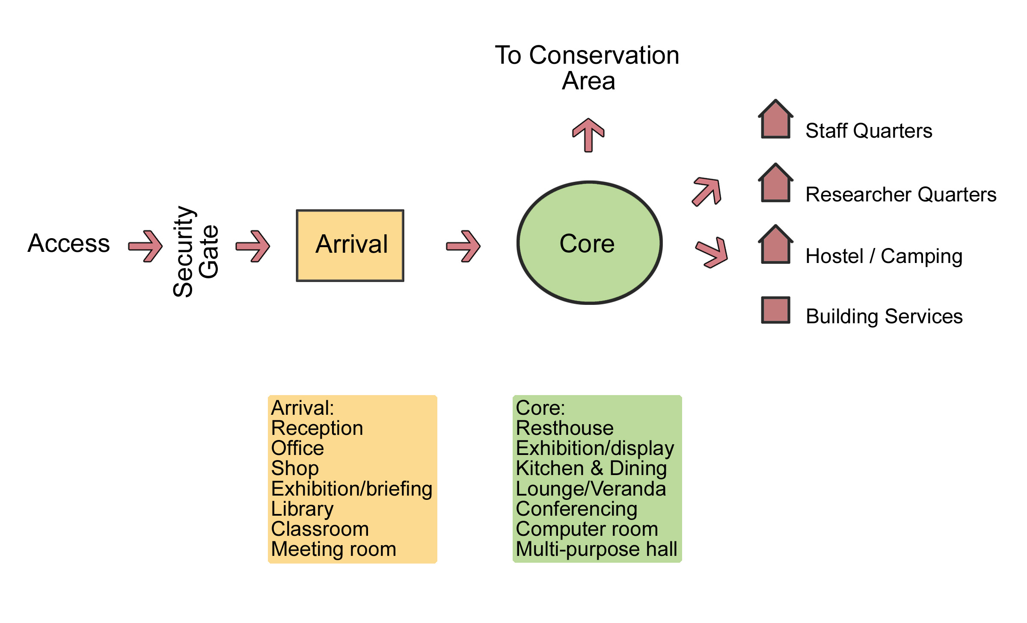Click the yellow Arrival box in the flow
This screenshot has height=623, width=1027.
pos(350,245)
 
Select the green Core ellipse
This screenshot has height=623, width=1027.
pos(589,243)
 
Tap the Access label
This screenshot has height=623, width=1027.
pos(68,243)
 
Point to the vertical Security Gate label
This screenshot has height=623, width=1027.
pos(195,251)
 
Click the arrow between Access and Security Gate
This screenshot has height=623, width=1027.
pos(146,246)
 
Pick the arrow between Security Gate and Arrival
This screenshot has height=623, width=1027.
pos(253,246)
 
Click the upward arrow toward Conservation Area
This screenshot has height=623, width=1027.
pos(588,135)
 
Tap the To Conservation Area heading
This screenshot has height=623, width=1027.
pos(587,68)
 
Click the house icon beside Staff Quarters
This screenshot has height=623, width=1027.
pos(775,120)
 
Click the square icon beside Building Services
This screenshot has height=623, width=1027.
pos(775,310)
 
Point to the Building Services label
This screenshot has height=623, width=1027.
pos(884,316)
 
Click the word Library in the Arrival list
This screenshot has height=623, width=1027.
pos(302,509)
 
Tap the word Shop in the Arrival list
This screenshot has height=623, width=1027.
pos(295,468)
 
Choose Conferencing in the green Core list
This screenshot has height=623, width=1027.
pos(576,509)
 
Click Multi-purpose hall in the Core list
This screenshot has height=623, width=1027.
pos(597,549)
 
